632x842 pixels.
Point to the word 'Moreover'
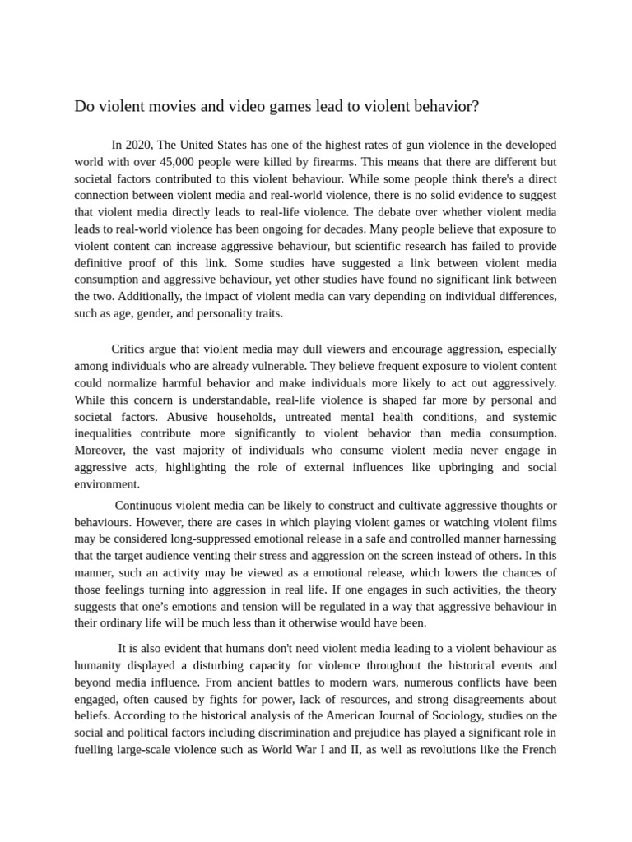100,451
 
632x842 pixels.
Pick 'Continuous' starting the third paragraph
144,505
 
